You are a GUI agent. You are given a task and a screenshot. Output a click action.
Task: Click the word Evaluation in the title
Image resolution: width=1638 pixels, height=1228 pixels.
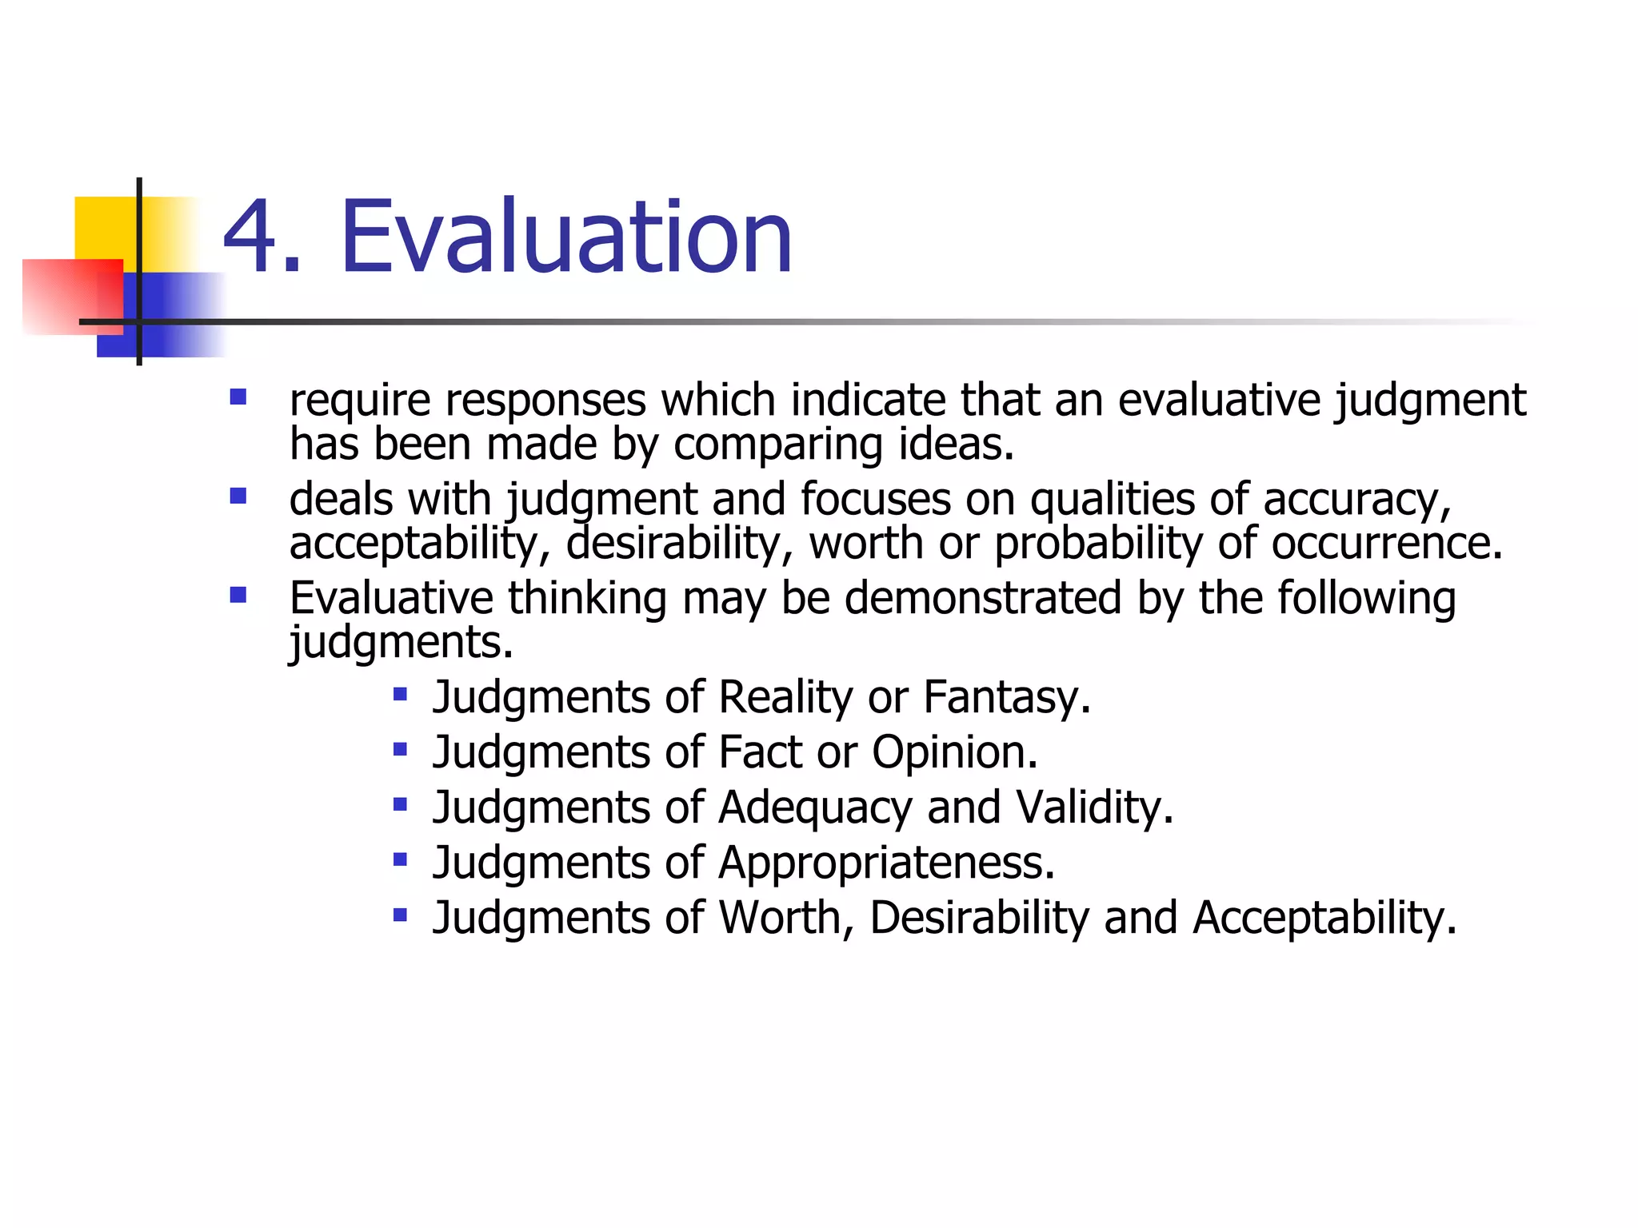tap(566, 237)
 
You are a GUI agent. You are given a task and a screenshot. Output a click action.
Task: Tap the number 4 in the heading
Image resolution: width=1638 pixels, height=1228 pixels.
tap(251, 237)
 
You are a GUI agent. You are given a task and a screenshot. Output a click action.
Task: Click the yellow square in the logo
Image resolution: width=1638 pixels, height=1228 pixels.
tap(104, 228)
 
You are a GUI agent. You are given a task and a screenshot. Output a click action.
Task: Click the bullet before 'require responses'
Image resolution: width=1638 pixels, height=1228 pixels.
tap(238, 397)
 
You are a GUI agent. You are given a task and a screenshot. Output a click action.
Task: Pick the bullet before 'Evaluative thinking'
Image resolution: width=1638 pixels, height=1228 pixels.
tap(238, 596)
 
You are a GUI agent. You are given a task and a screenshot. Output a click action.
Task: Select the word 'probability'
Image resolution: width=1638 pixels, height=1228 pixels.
tap(1097, 544)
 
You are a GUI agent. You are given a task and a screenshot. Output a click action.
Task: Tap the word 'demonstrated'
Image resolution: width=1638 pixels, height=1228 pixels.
tap(983, 598)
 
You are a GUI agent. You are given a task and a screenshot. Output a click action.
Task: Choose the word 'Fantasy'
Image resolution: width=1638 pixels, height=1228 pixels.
tap(1006, 697)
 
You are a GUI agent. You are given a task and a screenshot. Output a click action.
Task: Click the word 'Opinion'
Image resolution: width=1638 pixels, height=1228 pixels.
tap(953, 752)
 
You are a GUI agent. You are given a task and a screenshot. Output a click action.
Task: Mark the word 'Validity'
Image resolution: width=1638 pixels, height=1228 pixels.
tap(1093, 807)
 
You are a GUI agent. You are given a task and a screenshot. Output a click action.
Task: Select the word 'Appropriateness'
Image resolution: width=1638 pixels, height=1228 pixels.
tap(886, 863)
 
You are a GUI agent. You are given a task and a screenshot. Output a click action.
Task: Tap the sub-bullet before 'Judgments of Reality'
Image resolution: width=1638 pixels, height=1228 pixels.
tap(401, 694)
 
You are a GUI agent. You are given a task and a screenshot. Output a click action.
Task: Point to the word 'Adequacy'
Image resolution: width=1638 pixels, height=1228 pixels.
tap(815, 808)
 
